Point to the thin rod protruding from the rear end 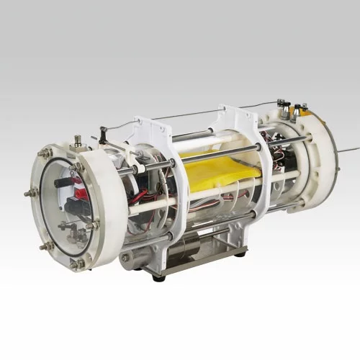click(348, 150)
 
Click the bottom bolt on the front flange click(75, 265)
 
